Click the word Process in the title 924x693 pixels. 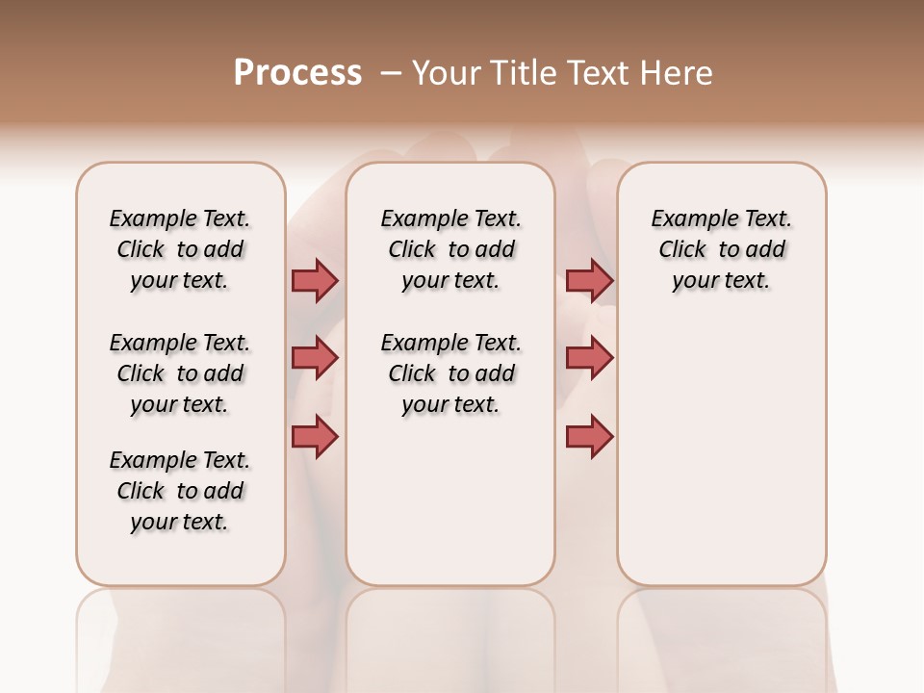[297, 73]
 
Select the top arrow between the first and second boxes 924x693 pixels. [315, 280]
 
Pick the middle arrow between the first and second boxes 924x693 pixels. [315, 358]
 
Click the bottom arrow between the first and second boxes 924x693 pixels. [315, 436]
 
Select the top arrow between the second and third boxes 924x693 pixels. [589, 280]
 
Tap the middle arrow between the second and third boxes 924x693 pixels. [589, 358]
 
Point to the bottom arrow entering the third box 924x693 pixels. [589, 436]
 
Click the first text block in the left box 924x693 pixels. [180, 249]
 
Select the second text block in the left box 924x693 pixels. [180, 373]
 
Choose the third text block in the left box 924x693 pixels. [180, 491]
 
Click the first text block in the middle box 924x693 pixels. [450, 249]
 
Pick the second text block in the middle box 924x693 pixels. [450, 373]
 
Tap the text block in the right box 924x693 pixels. [721, 249]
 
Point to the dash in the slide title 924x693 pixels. [391, 73]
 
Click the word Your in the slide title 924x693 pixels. [447, 73]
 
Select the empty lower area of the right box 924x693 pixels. [721, 452]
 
